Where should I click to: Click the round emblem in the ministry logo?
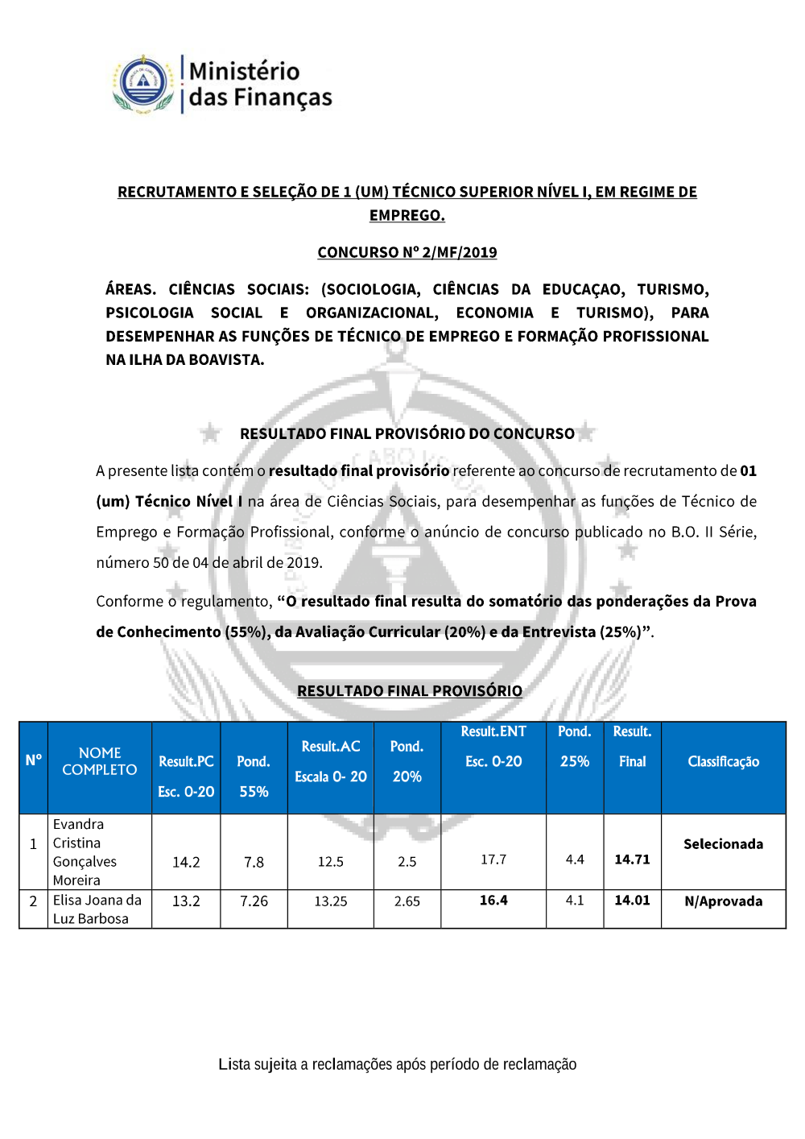click(143, 83)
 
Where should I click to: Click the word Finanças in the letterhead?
click(283, 97)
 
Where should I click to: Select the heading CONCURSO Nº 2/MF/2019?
click(407, 252)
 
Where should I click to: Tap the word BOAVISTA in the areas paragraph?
click(226, 360)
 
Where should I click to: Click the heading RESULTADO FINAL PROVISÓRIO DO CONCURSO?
click(407, 433)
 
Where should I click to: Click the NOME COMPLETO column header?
click(100, 761)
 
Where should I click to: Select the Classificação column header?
click(723, 761)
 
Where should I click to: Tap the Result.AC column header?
click(330, 747)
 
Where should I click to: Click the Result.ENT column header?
click(493, 731)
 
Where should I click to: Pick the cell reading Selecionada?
click(723, 844)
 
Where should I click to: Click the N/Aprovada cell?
click(723, 901)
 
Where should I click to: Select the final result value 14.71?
click(632, 859)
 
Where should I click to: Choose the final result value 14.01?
click(632, 901)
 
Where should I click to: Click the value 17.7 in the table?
click(493, 859)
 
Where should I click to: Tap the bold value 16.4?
click(493, 901)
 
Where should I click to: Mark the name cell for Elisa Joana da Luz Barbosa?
click(97, 909)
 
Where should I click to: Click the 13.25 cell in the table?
click(330, 901)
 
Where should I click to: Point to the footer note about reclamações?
click(397, 1064)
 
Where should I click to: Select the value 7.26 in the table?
click(254, 901)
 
